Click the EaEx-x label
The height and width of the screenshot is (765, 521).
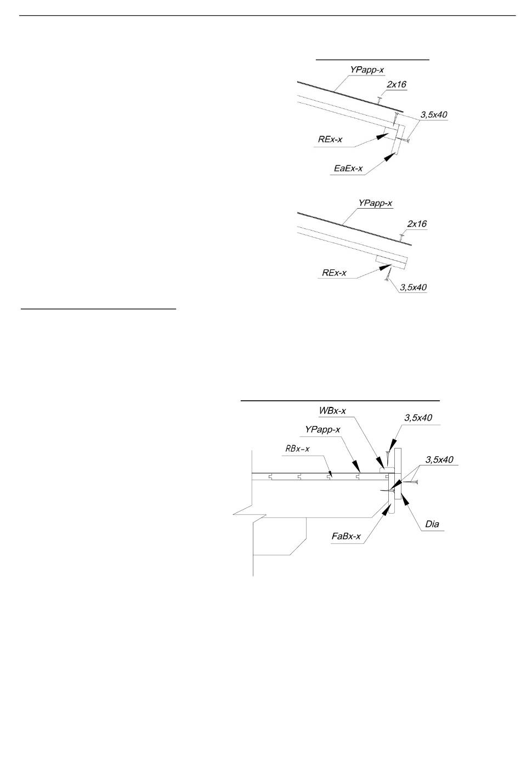tap(348, 168)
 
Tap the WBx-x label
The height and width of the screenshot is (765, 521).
tap(332, 411)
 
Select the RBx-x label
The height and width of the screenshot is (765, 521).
tap(297, 448)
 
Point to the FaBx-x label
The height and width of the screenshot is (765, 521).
tap(346, 536)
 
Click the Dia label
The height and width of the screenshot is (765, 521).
tap(432, 524)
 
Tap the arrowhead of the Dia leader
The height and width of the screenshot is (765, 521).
tap(406, 499)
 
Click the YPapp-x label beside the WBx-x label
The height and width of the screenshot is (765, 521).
tap(322, 430)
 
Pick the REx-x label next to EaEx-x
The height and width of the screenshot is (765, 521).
tap(330, 139)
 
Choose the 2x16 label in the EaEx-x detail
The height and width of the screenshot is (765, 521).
tap(397, 84)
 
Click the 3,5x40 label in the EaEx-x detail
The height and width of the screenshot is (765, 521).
tap(434, 115)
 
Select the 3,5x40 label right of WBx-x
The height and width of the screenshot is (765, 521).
tap(418, 418)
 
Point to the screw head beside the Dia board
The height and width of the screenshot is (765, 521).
tap(416, 482)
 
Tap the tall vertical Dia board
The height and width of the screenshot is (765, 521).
tap(398, 474)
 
